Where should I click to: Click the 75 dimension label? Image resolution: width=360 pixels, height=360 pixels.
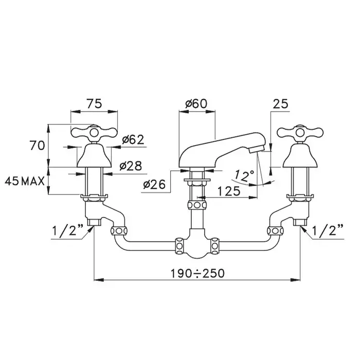pyautogui.click(x=94, y=104)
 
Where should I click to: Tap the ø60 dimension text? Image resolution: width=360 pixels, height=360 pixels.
pyautogui.click(x=196, y=104)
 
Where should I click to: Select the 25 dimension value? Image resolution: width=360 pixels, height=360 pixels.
pyautogui.click(x=280, y=104)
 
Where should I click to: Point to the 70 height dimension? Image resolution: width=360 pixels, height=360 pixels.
pyautogui.click(x=37, y=146)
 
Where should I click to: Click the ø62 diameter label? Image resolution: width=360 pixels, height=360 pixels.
pyautogui.click(x=133, y=139)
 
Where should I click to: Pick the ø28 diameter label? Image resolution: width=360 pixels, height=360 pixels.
pyautogui.click(x=131, y=166)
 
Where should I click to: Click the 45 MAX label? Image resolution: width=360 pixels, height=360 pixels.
pyautogui.click(x=25, y=182)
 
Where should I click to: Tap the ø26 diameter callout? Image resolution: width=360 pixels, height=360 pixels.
pyautogui.click(x=154, y=184)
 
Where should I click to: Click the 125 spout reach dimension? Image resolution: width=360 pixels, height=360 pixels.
pyautogui.click(x=229, y=191)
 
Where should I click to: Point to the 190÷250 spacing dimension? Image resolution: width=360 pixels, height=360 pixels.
pyautogui.click(x=197, y=273)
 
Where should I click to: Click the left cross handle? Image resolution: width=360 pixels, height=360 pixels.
pyautogui.click(x=94, y=133)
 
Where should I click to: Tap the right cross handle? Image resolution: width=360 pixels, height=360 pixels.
pyautogui.click(x=300, y=133)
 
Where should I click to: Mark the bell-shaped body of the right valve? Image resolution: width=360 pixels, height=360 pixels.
pyautogui.click(x=300, y=155)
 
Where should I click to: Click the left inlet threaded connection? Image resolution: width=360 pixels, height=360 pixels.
pyautogui.click(x=94, y=222)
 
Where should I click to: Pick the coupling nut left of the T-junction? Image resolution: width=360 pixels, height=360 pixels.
pyautogui.click(x=179, y=246)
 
